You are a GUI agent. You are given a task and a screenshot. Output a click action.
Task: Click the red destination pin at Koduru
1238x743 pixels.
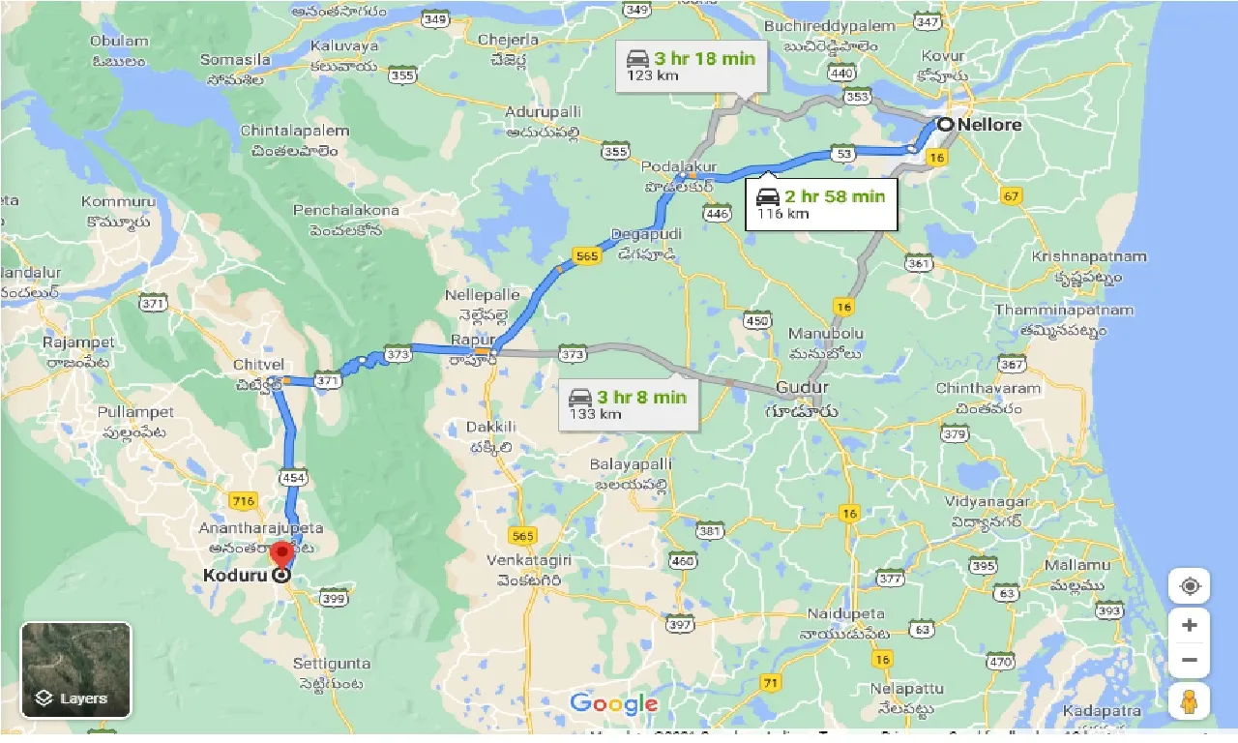tap(281, 555)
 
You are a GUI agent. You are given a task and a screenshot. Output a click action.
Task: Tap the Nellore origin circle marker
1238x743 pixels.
tap(945, 125)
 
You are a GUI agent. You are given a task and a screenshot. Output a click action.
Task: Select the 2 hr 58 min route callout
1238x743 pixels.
tap(820, 204)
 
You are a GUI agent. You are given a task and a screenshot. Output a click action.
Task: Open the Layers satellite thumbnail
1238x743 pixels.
tap(75, 669)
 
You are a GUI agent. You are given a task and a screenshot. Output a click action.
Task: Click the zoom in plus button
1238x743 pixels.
tap(1189, 625)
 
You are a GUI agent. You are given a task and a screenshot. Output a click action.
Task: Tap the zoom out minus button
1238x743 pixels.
tap(1189, 661)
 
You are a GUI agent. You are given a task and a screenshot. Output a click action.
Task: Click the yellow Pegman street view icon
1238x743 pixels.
tap(1189, 701)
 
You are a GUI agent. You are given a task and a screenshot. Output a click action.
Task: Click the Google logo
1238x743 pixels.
tap(613, 703)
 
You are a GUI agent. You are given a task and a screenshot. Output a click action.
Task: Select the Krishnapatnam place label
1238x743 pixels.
tap(1089, 256)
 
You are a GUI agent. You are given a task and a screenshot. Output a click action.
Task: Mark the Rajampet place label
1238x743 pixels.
tap(79, 342)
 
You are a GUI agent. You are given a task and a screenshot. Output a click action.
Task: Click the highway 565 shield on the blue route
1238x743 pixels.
tap(586, 255)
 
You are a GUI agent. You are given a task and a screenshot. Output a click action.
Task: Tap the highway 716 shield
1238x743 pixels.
tap(242, 500)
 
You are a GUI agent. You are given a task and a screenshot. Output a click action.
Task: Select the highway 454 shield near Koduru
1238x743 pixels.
tap(292, 476)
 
